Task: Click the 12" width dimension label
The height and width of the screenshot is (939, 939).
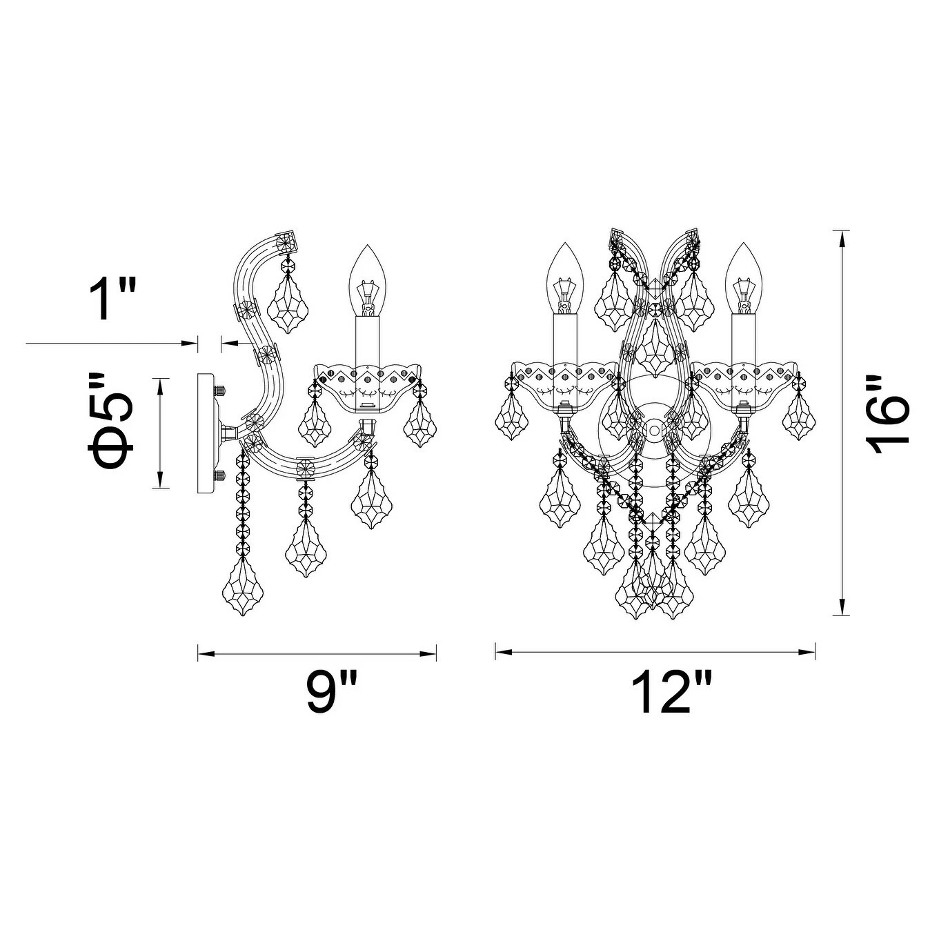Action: [669, 693]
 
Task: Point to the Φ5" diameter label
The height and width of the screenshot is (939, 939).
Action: [110, 421]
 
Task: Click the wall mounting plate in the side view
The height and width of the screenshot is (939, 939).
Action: [206, 433]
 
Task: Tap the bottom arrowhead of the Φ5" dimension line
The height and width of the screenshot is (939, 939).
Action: [160, 482]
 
